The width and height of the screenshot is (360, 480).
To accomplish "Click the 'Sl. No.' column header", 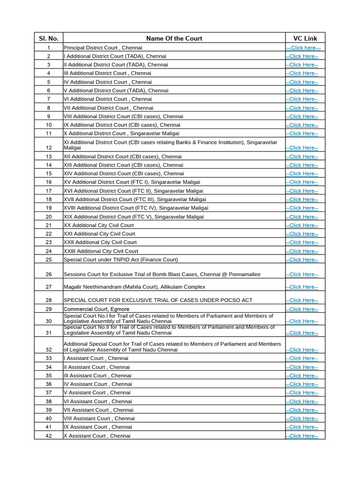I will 48,38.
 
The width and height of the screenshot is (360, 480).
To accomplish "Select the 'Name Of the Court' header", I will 174,38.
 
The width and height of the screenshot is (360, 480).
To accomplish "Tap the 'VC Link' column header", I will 305,38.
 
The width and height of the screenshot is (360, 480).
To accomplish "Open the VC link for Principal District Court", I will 303,48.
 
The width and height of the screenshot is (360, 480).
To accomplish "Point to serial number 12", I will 49,148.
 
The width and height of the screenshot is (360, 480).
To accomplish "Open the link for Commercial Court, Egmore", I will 302,309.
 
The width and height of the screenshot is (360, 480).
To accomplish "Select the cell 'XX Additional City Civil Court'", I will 98,225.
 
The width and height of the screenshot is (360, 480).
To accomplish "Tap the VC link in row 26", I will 302,274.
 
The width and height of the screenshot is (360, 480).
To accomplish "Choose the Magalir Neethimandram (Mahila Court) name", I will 134,287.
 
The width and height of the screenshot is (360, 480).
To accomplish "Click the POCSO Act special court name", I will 158,300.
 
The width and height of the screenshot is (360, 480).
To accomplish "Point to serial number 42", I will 49,436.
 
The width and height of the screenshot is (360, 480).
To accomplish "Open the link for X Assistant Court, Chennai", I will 302,436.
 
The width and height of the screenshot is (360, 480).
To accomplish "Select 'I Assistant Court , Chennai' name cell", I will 96,358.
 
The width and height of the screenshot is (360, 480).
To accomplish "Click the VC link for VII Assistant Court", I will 302,410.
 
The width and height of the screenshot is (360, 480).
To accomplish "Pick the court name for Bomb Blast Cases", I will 162,274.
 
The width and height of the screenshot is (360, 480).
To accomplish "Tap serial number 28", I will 49,300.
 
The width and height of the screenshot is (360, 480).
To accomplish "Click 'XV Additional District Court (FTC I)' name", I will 132,182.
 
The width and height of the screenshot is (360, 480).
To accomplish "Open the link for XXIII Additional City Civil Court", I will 302,251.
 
